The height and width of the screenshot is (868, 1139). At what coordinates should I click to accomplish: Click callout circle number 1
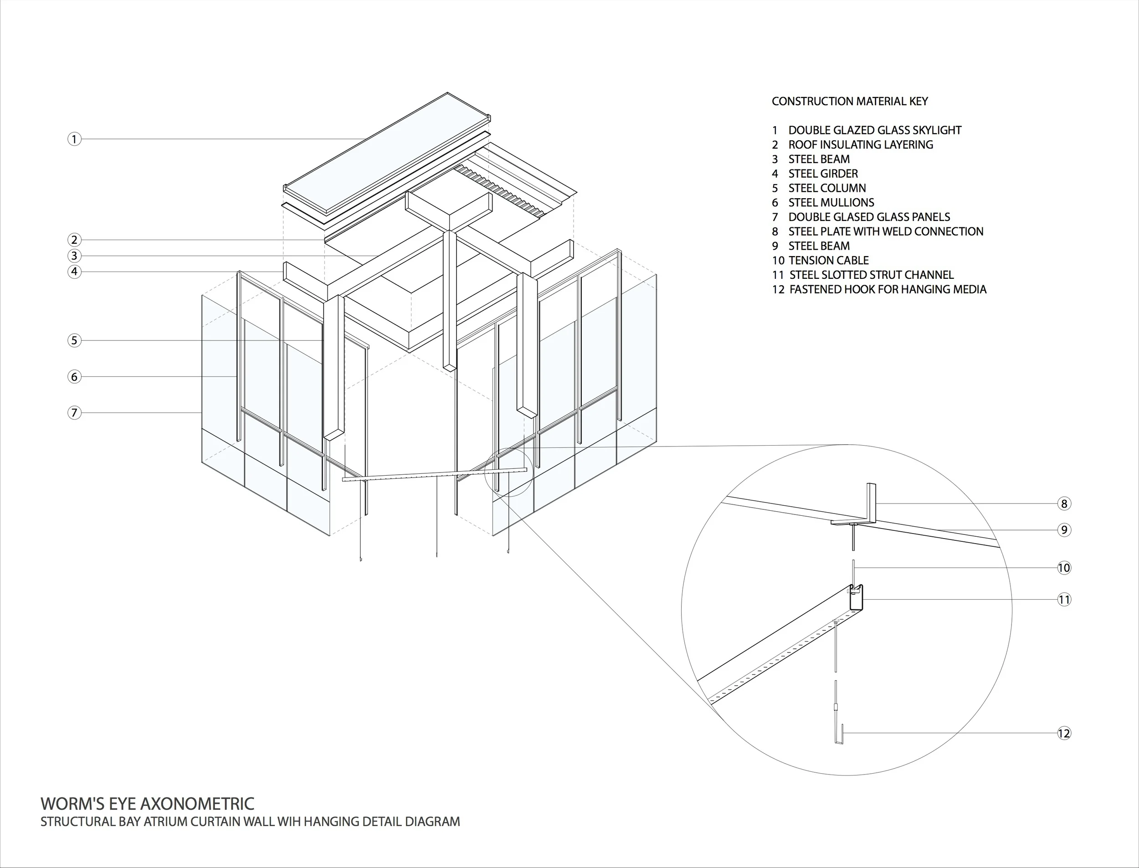[x=74, y=139]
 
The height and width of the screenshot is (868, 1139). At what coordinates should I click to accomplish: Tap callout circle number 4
[x=74, y=272]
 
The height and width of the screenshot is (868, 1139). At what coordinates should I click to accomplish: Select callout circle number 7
[x=74, y=413]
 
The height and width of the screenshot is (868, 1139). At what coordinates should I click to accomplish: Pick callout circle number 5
[x=74, y=340]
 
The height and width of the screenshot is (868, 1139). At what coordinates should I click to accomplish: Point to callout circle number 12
[x=1063, y=733]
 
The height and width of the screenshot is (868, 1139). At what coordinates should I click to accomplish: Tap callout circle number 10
[x=1063, y=568]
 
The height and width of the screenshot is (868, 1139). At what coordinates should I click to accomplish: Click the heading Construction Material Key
[x=850, y=101]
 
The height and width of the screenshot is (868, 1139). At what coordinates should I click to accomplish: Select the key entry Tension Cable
[x=828, y=261]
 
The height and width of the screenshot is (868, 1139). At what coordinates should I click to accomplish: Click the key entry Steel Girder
[x=822, y=174]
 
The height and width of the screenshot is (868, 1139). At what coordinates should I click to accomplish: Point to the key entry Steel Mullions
[x=831, y=202]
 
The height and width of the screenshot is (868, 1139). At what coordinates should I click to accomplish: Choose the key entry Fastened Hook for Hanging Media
[x=887, y=289]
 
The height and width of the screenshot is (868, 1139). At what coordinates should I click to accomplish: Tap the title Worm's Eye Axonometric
[x=147, y=804]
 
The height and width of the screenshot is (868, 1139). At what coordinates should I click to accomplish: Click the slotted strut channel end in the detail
[x=857, y=598]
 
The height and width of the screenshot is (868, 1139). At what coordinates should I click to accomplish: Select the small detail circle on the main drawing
[x=508, y=473]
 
